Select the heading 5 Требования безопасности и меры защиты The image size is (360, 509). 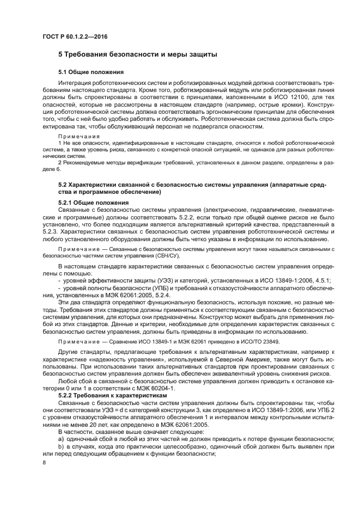click(x=138, y=54)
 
